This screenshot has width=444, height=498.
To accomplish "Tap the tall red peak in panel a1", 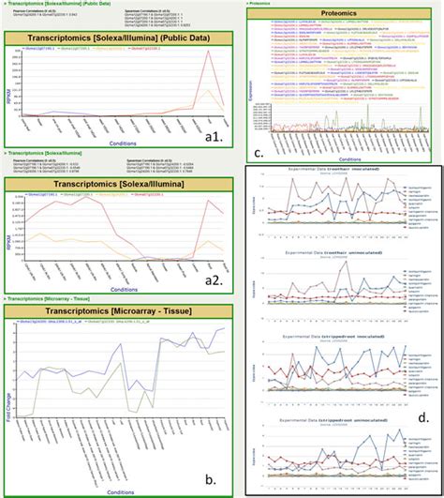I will pos(210,52).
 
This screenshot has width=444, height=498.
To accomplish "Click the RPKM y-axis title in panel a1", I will pos(8,94).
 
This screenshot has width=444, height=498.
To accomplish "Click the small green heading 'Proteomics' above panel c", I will pos(266,3).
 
